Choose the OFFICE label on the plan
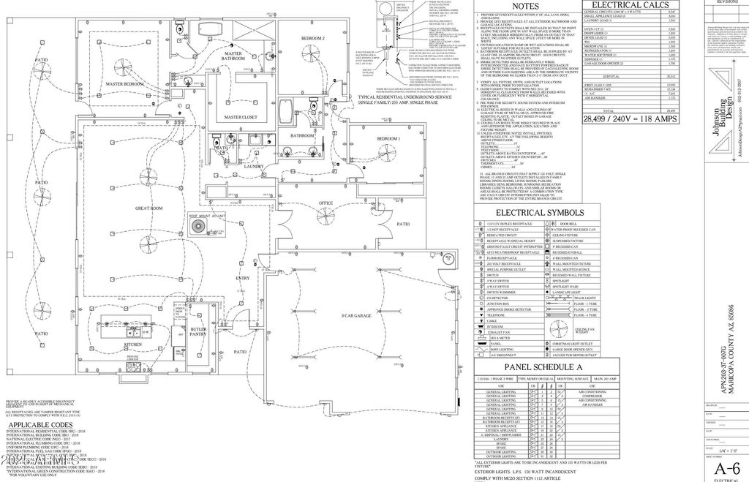pos(325,203)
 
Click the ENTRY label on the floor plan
pos(243,278)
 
